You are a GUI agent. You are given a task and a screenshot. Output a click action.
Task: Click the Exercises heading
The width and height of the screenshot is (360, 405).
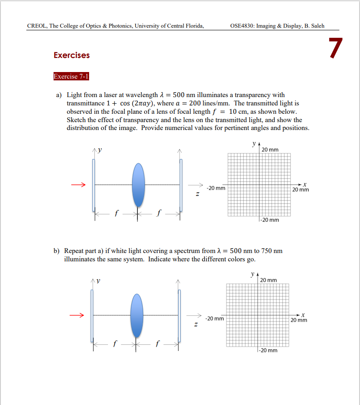click(72, 55)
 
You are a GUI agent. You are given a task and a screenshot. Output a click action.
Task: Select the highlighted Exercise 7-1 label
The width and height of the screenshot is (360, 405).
click(71, 76)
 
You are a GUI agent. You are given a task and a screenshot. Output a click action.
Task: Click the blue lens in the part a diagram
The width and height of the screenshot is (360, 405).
click(138, 184)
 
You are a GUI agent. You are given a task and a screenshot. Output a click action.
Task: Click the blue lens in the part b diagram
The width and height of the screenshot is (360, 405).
click(137, 315)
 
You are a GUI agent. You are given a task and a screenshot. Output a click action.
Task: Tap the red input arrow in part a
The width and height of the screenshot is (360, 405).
click(78, 184)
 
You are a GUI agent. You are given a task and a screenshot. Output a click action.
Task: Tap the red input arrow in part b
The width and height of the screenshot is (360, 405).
click(77, 315)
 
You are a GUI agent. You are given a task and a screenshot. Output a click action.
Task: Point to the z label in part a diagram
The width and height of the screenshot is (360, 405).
click(198, 194)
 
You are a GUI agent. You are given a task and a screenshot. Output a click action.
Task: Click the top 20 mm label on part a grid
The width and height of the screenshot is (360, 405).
click(270, 150)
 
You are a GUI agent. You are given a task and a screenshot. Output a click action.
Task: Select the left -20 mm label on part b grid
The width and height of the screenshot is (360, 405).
click(215, 318)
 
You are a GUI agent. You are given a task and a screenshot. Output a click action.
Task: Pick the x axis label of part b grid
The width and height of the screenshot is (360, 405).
click(302, 314)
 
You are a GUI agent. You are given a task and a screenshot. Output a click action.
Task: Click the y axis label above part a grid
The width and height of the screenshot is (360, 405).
click(253, 144)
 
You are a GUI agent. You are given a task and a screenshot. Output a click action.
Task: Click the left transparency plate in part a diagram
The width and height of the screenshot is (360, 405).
click(93, 184)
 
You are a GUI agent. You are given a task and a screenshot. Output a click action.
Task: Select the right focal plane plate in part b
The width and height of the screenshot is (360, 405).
click(179, 315)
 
